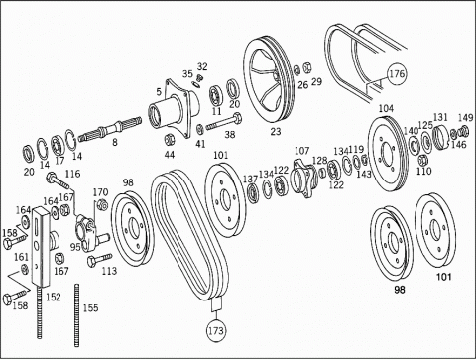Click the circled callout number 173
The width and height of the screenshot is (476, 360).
216,330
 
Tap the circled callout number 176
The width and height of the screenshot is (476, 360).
397,73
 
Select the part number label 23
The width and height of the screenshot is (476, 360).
276,132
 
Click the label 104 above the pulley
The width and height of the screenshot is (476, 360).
386,108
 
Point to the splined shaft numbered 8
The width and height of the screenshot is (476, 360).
110,129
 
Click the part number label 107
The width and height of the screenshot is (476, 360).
301,151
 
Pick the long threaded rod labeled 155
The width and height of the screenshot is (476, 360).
77,315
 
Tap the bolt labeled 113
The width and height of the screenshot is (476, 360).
99,260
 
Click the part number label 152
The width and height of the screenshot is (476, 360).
54,297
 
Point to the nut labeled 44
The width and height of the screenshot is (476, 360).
170,140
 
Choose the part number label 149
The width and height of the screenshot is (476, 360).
466,117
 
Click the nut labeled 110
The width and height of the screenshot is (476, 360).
421,160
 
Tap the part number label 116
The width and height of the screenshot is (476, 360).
72,174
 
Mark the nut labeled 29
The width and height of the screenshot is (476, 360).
306,68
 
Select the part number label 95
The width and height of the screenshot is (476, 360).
75,247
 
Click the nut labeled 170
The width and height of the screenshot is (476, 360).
103,205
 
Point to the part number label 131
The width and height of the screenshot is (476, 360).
440,117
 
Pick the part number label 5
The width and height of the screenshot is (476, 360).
159,91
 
